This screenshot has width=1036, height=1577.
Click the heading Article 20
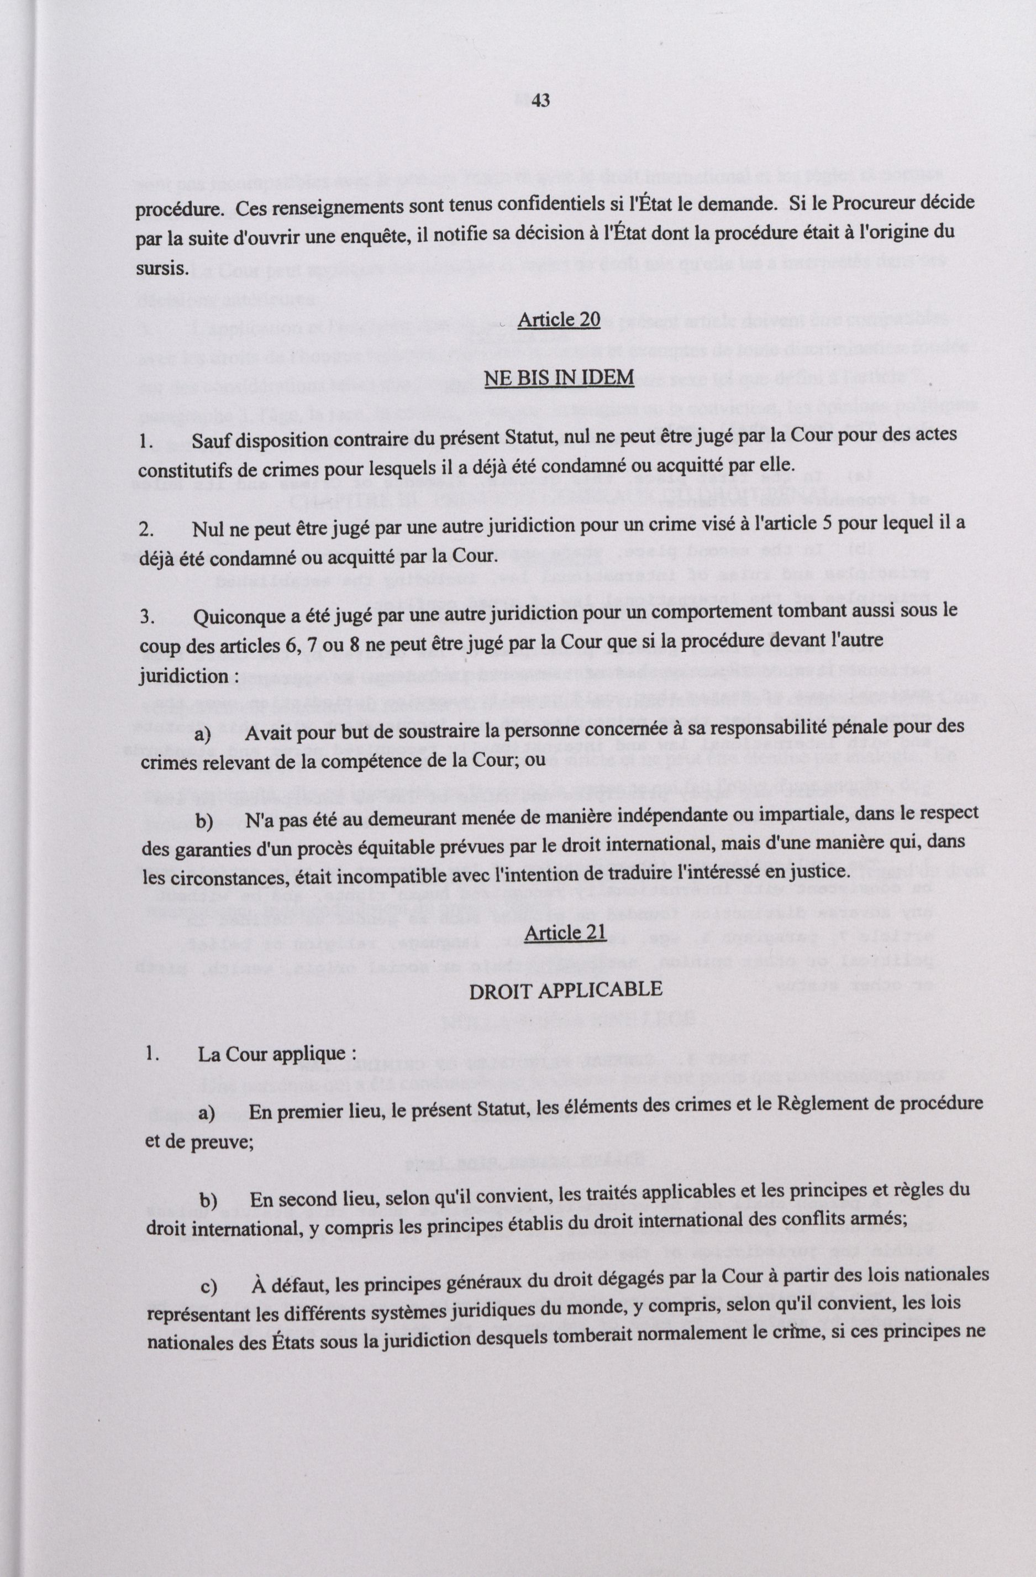(x=559, y=319)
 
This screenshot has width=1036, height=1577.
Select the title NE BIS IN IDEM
(x=559, y=378)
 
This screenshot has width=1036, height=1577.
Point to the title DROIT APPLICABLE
(x=565, y=990)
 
